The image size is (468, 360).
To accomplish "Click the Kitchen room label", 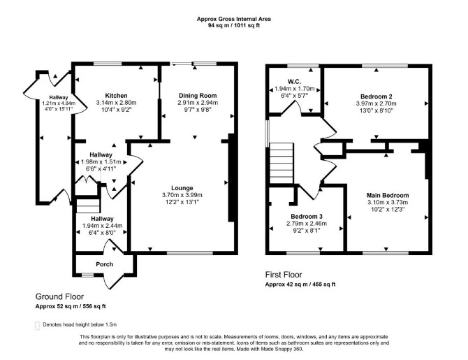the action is coord(116,96).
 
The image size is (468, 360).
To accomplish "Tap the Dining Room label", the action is coord(198,96).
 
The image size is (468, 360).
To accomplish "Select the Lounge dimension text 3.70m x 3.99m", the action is coord(182,195).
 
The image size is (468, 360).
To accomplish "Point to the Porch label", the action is coord(105,264).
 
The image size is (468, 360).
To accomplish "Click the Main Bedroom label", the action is coord(388,196).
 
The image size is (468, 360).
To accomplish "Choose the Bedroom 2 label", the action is coord(376,96).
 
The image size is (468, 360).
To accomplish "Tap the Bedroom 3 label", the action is coord(307,216).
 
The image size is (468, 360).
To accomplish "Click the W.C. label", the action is coord(294,82).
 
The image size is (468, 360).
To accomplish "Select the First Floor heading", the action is coord(284,275).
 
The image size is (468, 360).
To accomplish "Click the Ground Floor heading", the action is coord(59,296).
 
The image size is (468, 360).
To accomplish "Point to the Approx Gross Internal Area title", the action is coord(234,19).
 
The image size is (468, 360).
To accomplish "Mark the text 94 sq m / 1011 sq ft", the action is coord(234,25).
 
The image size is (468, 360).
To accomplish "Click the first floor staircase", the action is coord(281,163).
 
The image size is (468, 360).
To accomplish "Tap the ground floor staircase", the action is coord(88,206).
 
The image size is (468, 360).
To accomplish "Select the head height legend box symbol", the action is coord(37,326).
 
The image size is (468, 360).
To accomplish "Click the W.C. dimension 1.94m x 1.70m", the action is coord(295,89).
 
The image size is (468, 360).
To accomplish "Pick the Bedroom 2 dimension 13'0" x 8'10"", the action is coord(376,110).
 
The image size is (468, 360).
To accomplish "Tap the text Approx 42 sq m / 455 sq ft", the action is coord(300,285).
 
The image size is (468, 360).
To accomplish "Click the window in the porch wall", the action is coord(87,275).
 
